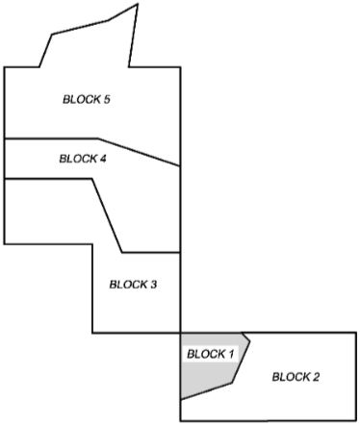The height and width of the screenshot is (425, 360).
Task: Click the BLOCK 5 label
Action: click(87, 99)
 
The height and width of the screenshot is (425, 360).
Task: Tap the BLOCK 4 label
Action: click(83, 159)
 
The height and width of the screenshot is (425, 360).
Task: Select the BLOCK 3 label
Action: click(133, 284)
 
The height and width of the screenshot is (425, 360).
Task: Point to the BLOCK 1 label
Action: click(210, 354)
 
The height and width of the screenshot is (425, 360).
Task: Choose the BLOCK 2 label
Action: click(296, 376)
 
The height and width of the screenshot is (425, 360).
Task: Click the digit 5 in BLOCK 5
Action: click(108, 99)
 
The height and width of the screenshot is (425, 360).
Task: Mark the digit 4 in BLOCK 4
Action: click(103, 159)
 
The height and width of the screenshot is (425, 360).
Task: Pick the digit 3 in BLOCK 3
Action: click(153, 284)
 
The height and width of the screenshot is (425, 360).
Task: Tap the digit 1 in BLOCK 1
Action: click(230, 354)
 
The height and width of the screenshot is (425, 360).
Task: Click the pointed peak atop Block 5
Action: click(137, 4)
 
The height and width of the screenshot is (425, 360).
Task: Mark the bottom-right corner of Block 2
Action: click(356, 420)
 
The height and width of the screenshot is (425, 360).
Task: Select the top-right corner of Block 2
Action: click(356, 334)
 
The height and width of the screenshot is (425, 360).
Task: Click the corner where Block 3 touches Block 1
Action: click(180, 334)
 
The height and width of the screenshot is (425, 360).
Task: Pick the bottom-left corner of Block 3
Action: click(92, 334)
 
